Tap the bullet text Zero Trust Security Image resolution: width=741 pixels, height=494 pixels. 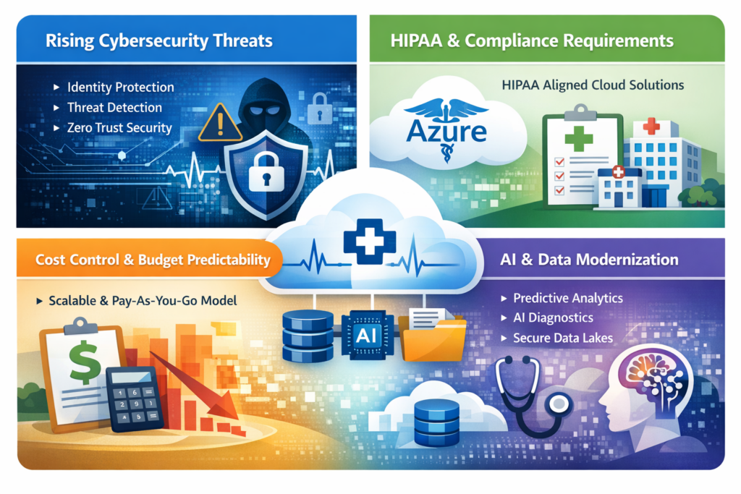pos(119,128)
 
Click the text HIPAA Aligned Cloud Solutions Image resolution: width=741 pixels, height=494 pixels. pos(593,85)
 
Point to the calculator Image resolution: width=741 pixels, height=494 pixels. pos(133,399)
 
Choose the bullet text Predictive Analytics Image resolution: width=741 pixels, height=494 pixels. pos(568,298)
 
